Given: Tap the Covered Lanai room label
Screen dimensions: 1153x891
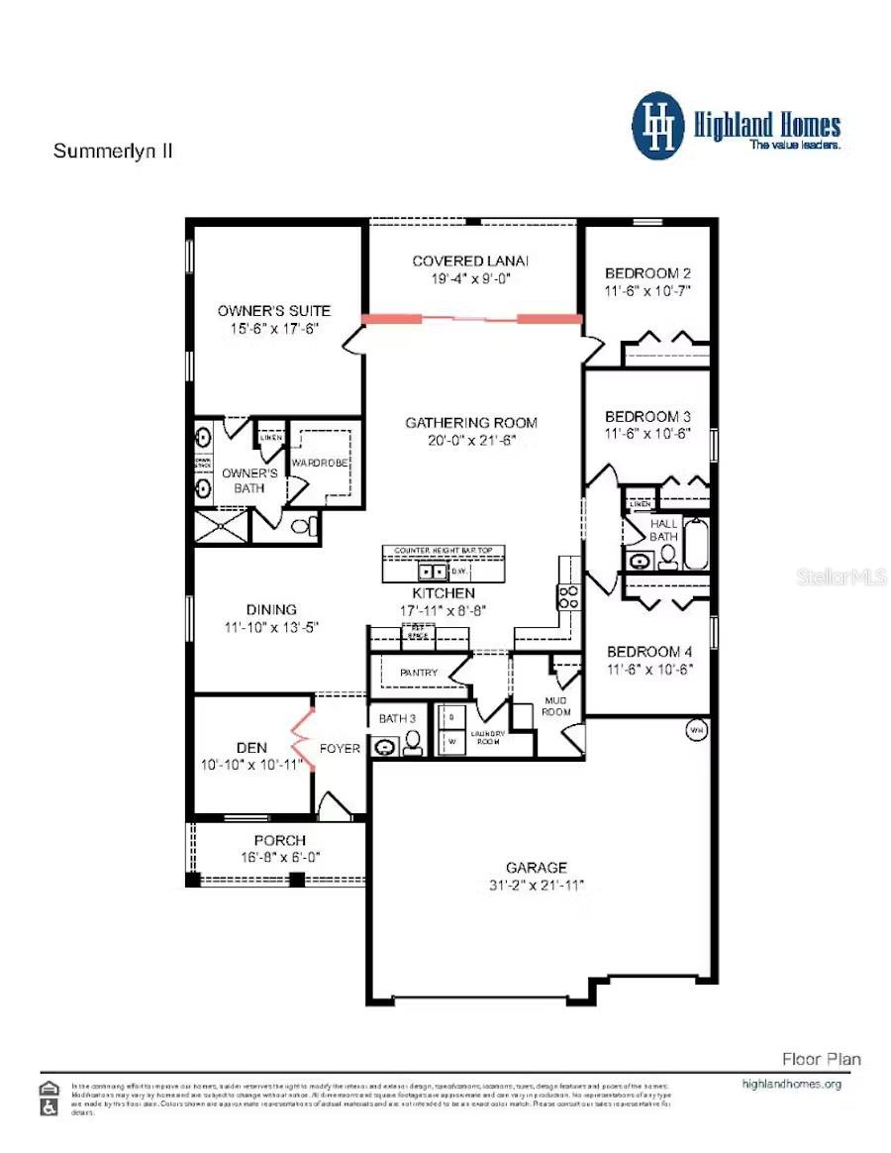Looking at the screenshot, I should [470, 261].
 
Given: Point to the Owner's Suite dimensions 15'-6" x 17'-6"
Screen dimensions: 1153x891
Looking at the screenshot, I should [274, 329].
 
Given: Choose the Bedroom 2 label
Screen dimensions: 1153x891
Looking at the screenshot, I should [647, 272].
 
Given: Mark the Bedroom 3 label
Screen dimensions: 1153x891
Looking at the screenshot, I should [647, 416].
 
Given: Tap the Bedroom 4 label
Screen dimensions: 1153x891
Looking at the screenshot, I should [647, 651].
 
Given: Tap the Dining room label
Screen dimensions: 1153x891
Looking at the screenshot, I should [272, 609].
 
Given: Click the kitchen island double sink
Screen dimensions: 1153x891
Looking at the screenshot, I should [431, 572].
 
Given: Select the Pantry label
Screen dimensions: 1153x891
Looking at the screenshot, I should [419, 674].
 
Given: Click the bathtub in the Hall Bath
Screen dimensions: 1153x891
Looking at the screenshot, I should [697, 546].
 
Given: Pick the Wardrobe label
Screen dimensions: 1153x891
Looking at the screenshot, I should [316, 462].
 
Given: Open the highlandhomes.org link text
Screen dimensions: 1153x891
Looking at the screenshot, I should [791, 1084].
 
